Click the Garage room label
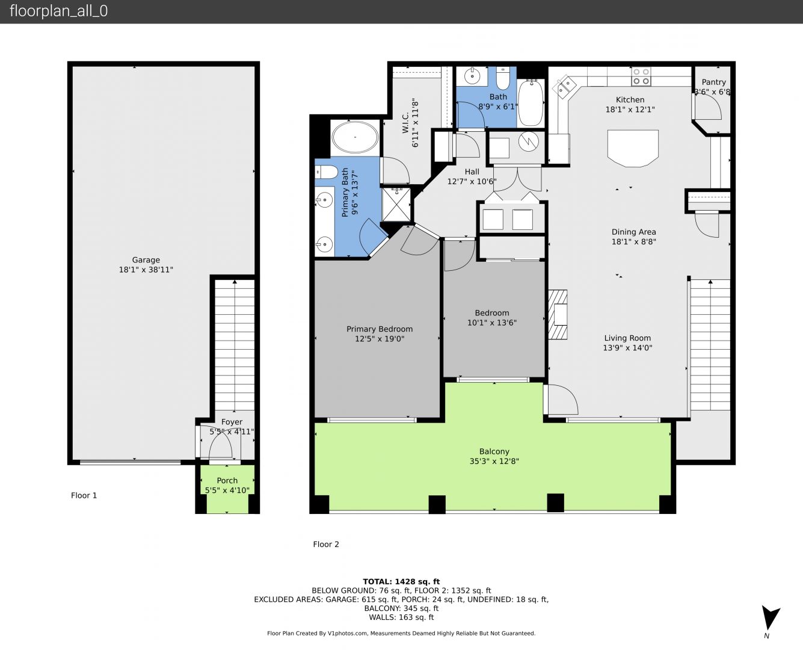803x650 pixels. click(x=146, y=260)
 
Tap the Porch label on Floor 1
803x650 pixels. click(x=227, y=481)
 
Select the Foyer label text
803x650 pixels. click(x=232, y=422)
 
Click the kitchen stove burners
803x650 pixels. click(x=641, y=76)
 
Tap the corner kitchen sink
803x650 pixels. click(x=564, y=87)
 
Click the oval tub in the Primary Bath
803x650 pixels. click(x=355, y=137)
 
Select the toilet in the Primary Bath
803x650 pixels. click(x=327, y=172)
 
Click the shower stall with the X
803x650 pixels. click(x=396, y=205)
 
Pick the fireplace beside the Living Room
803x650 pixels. click(x=558, y=315)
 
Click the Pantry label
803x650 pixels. click(x=713, y=82)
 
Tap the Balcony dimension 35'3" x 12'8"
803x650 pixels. click(x=494, y=461)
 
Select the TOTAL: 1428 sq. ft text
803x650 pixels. click(x=401, y=581)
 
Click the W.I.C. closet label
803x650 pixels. click(x=405, y=123)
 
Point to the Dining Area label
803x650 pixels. click(x=634, y=232)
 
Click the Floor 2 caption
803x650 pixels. click(x=326, y=544)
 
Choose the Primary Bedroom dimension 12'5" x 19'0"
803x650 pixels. click(x=380, y=339)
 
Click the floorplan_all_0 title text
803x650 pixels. click(x=59, y=11)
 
